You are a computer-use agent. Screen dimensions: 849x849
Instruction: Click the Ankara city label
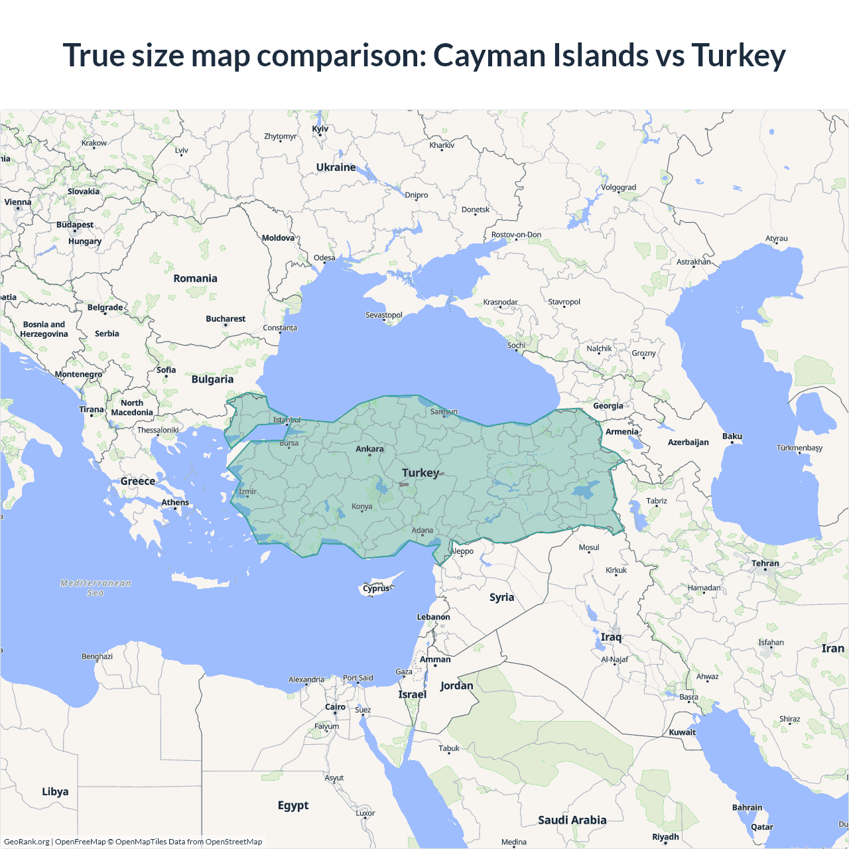click(x=369, y=449)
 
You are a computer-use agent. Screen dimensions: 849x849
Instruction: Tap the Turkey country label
click(x=421, y=473)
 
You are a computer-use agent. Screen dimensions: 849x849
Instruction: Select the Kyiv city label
click(x=320, y=129)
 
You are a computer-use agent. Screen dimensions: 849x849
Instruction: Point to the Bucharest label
click(x=226, y=319)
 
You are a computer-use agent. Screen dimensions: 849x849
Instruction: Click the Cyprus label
click(x=376, y=588)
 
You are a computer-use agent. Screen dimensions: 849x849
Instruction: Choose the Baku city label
click(x=732, y=436)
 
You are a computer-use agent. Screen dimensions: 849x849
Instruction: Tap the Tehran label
click(x=765, y=563)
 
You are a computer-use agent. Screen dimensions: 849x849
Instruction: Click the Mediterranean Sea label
click(x=96, y=588)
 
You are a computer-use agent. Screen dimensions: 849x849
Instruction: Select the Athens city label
click(x=175, y=502)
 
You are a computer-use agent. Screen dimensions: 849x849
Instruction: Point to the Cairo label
click(x=335, y=707)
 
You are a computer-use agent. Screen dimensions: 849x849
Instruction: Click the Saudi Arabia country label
click(x=572, y=820)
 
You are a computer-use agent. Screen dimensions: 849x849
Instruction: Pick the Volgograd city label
click(x=618, y=187)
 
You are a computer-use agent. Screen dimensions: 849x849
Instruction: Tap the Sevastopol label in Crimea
click(x=384, y=315)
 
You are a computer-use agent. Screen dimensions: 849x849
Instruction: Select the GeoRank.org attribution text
click(x=27, y=842)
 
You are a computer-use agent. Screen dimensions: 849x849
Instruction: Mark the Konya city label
click(x=361, y=507)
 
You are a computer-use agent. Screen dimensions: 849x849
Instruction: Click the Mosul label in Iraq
click(x=589, y=547)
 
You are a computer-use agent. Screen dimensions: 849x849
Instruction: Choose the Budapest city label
click(x=75, y=225)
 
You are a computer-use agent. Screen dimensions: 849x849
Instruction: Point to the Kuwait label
click(x=683, y=732)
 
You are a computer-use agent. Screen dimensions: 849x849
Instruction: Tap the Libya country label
click(x=55, y=791)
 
